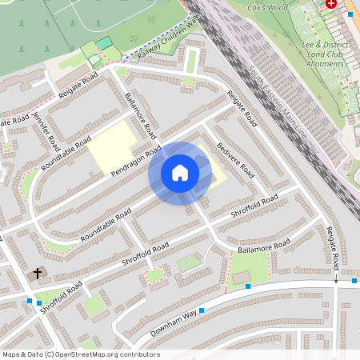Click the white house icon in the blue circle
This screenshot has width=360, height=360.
click(180, 173)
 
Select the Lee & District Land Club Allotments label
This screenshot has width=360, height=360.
click(326, 54)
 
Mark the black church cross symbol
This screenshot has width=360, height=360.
click(37, 274)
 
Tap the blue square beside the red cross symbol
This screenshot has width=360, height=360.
click(350, 14)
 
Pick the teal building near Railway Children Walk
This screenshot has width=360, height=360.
click(104, 43)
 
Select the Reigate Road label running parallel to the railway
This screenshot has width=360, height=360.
click(242, 109)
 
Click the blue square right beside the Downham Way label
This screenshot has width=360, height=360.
click(202, 310)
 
